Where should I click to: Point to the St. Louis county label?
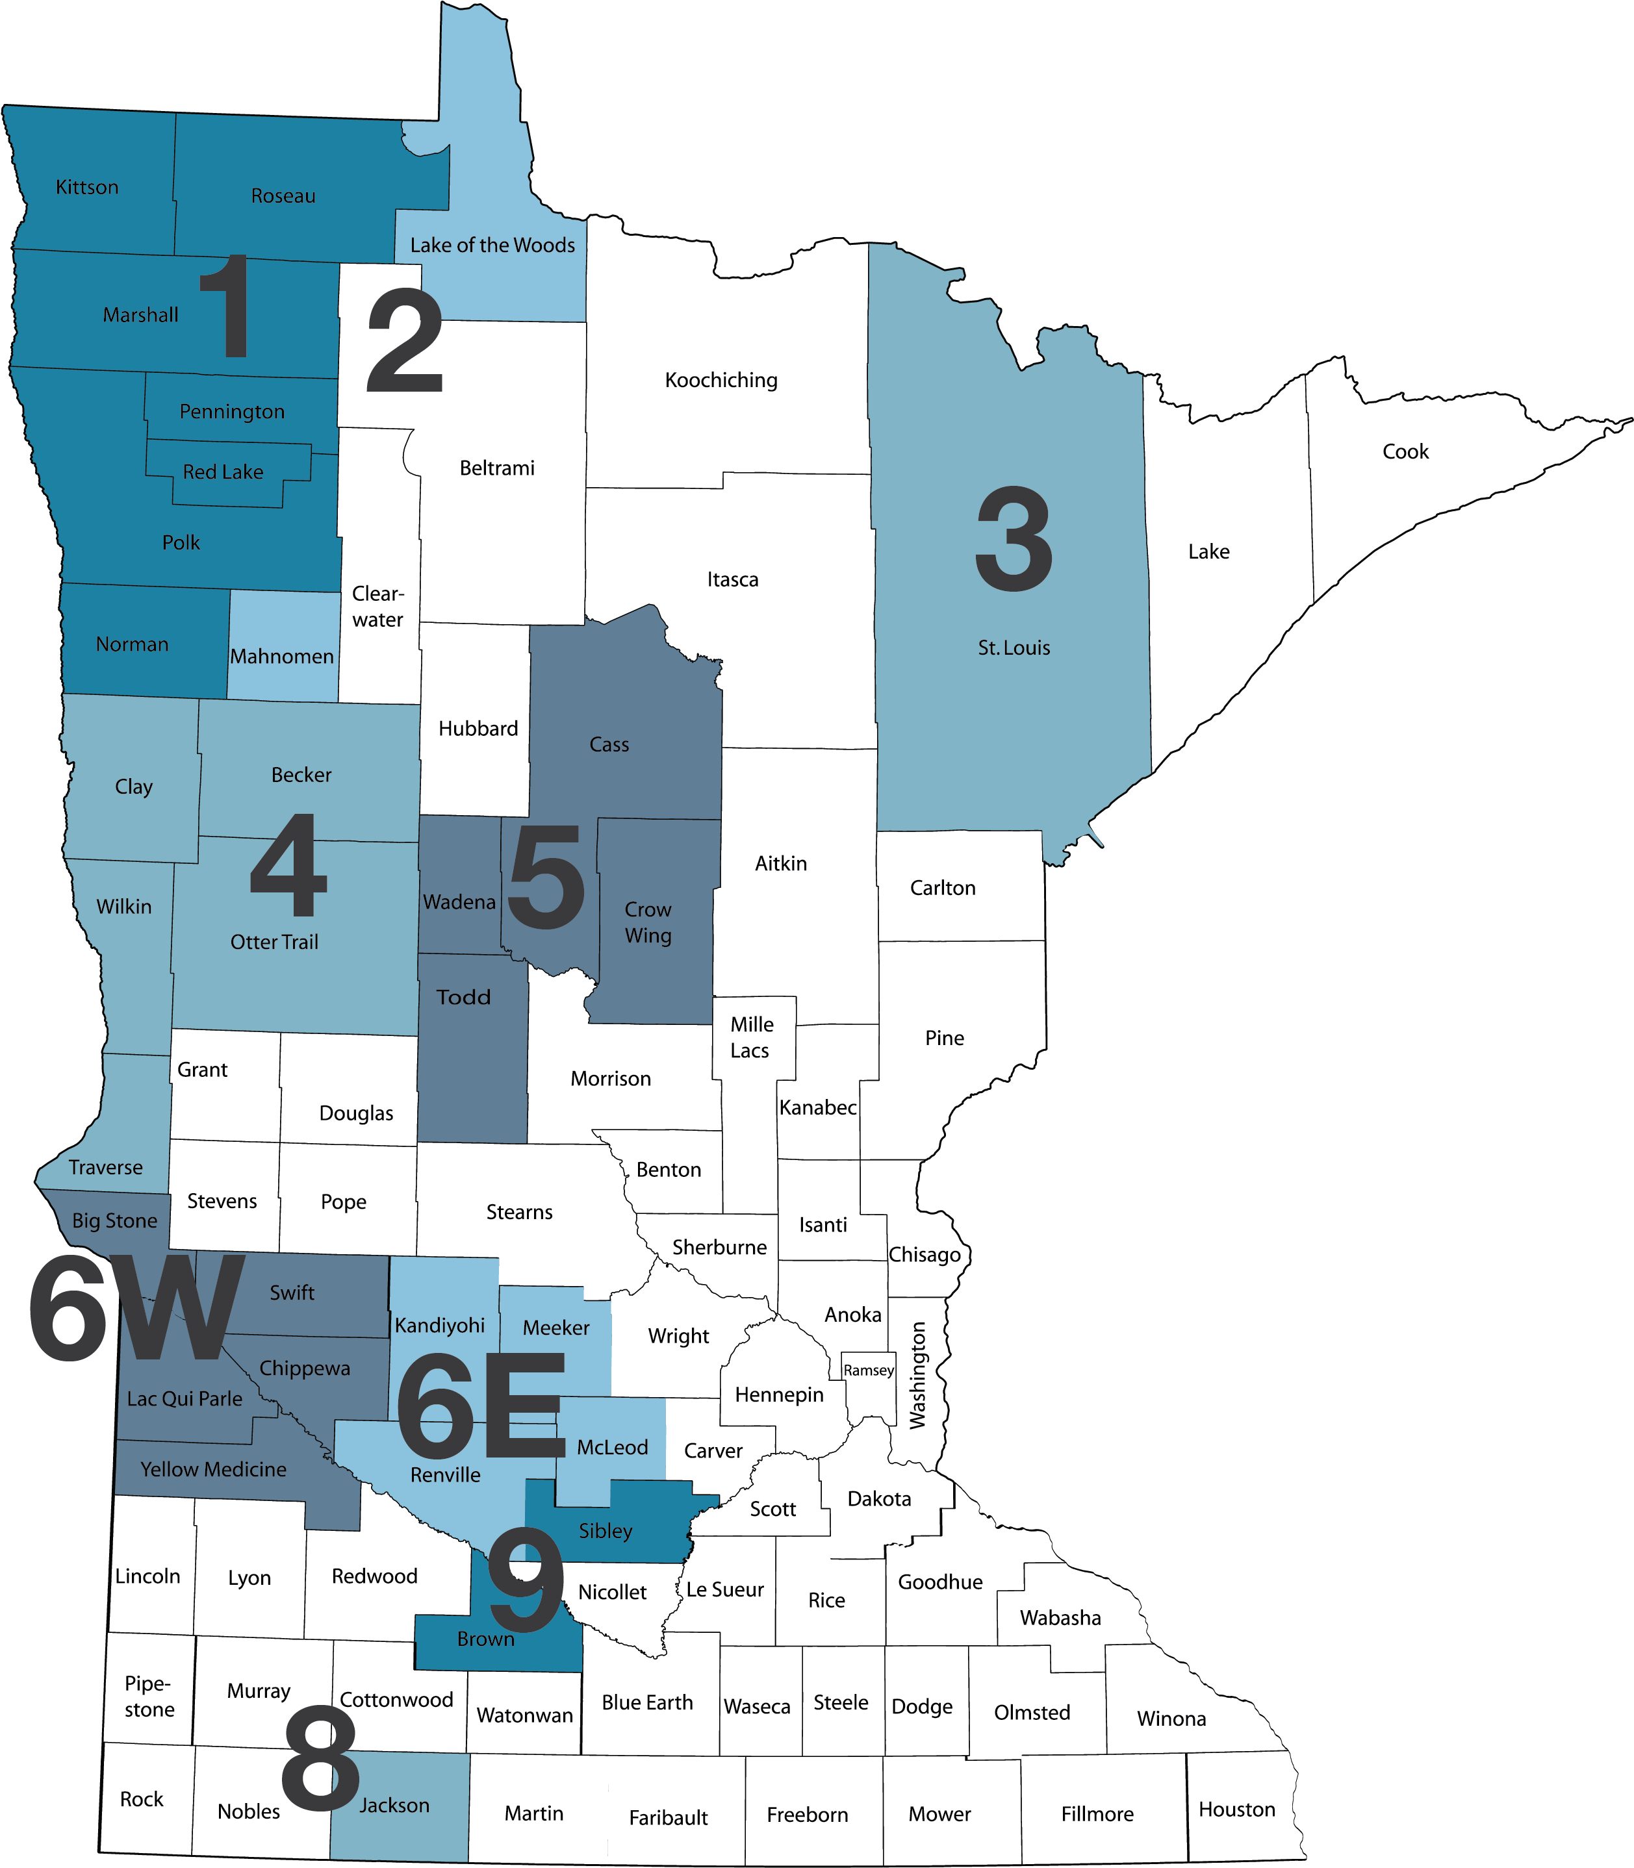point(1014,648)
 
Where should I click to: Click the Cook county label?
point(1405,451)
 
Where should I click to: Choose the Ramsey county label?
point(868,1370)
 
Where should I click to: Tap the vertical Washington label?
point(917,1375)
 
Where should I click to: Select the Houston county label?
point(1236,1809)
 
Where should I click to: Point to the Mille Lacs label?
point(751,1037)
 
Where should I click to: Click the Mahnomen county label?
point(282,657)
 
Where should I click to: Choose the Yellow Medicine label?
point(213,1469)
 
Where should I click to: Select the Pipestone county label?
point(149,1697)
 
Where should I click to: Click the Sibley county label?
point(606,1531)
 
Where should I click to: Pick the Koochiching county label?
point(721,380)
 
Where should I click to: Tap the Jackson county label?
point(394,1805)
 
